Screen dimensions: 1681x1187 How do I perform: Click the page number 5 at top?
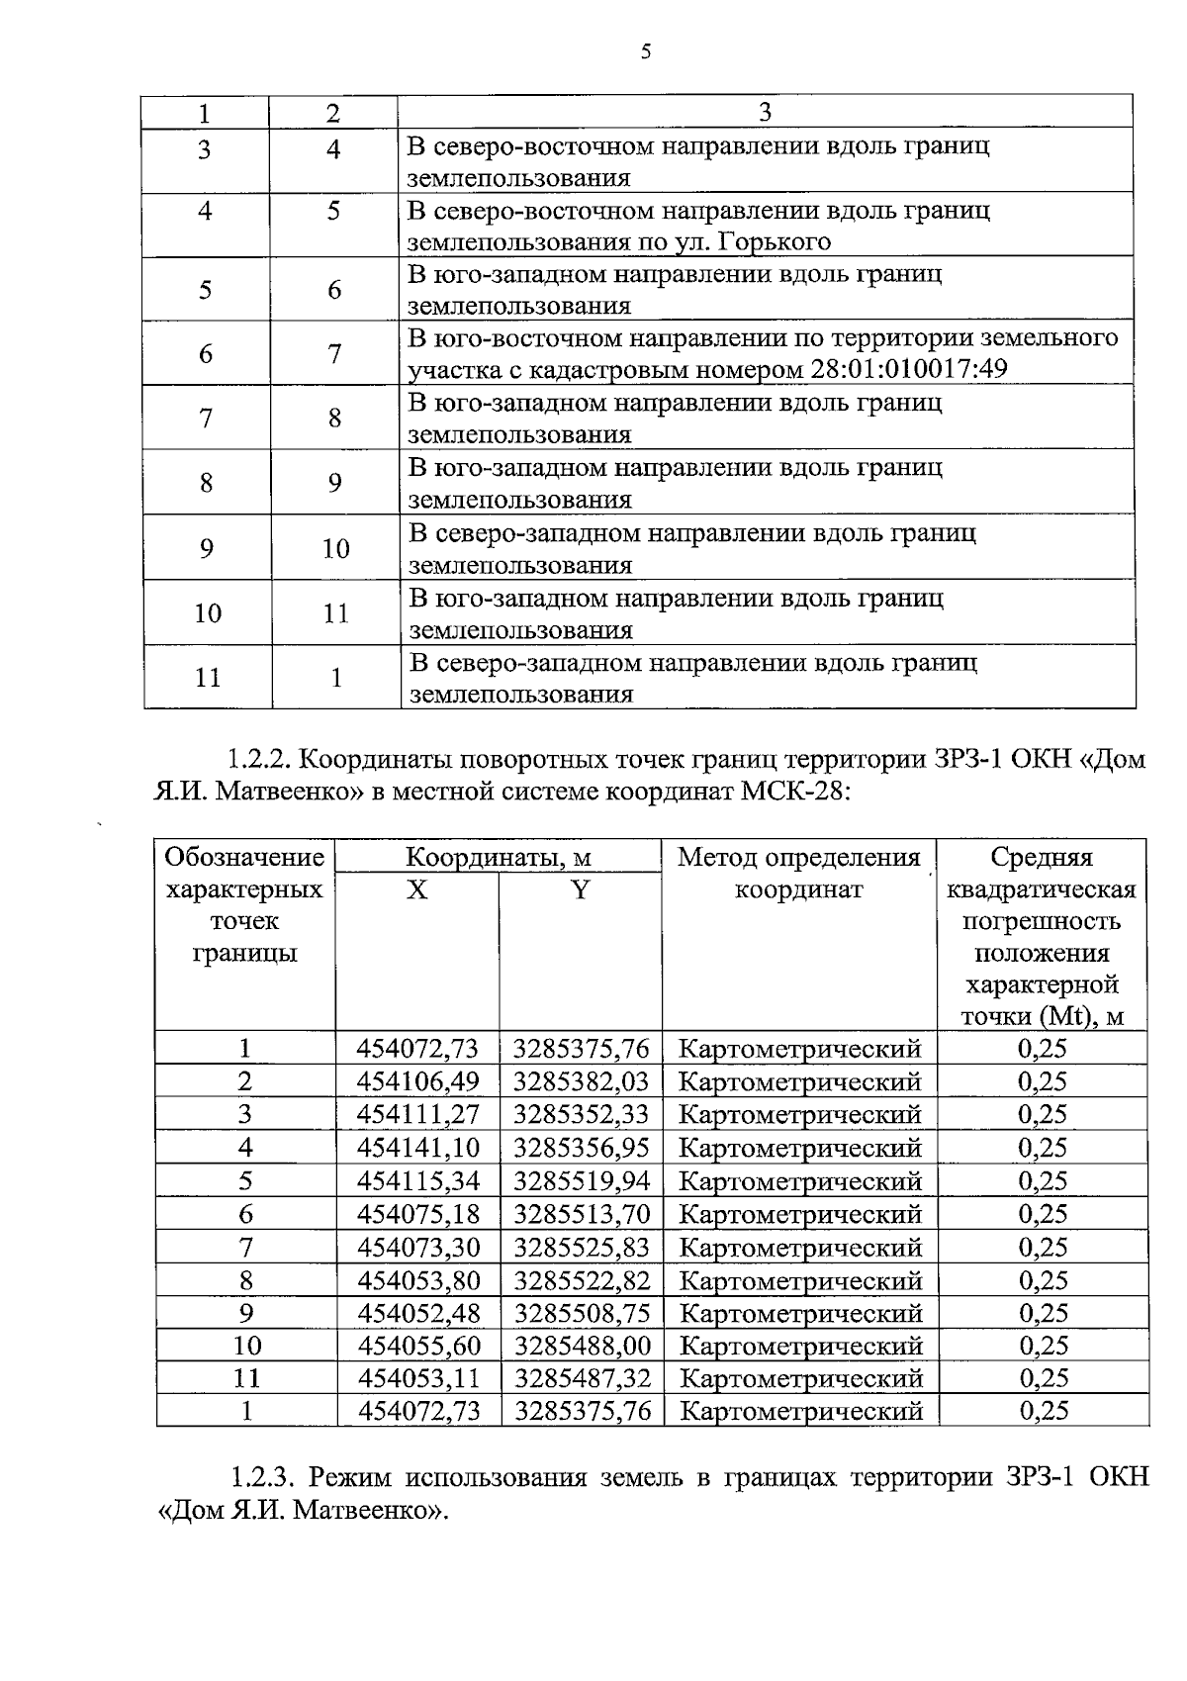645,52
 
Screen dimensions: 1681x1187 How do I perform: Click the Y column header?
580,890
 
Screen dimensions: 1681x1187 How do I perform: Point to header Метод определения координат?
798,873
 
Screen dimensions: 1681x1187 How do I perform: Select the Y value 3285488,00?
582,1347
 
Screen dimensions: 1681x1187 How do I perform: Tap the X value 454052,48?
417,1314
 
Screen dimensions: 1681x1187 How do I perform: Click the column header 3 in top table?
765,112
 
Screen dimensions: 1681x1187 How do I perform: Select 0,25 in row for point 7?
1043,1248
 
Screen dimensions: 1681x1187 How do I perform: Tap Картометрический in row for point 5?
800,1181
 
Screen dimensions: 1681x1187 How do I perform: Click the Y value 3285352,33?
581,1115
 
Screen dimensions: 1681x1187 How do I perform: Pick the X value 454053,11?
417,1379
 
